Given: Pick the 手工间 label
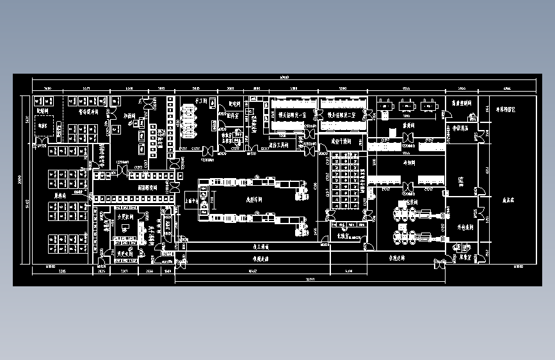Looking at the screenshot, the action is (204, 101).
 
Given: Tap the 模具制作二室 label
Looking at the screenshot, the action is (343, 115).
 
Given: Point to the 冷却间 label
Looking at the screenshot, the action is (410, 163).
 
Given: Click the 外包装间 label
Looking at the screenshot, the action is (465, 227).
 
